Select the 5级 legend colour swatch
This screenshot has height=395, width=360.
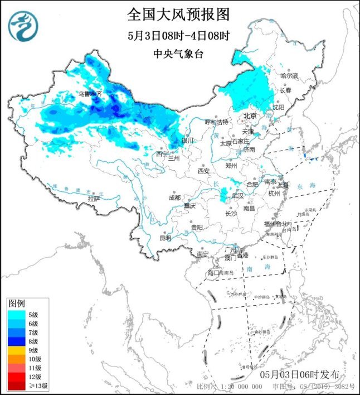(16, 314)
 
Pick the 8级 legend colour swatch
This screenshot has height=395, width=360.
(16, 342)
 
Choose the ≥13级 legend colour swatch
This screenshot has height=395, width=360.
(16, 385)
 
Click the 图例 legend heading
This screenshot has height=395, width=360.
(16, 303)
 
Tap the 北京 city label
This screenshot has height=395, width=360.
(249, 116)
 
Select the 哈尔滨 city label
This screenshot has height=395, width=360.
(289, 75)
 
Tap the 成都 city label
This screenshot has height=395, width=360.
(175, 197)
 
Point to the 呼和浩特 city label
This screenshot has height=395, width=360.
(216, 122)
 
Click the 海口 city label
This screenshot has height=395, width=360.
(214, 273)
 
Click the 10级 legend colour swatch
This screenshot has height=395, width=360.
(16, 360)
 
